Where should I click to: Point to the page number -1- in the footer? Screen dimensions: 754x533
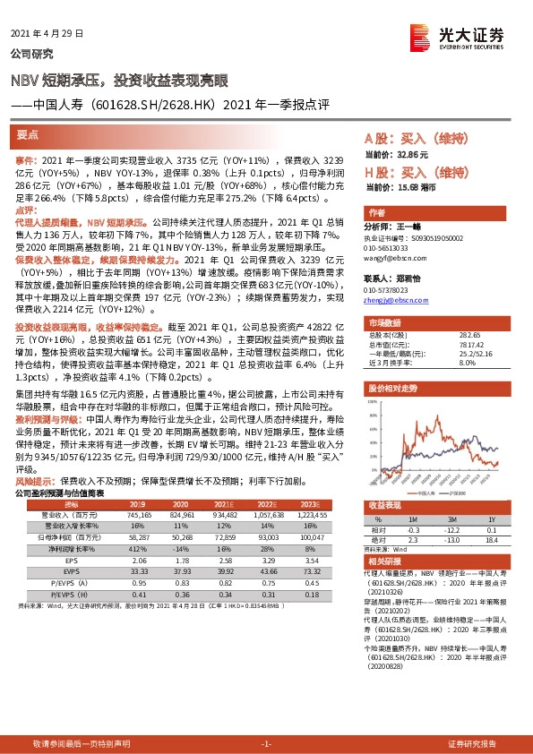(266, 744)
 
